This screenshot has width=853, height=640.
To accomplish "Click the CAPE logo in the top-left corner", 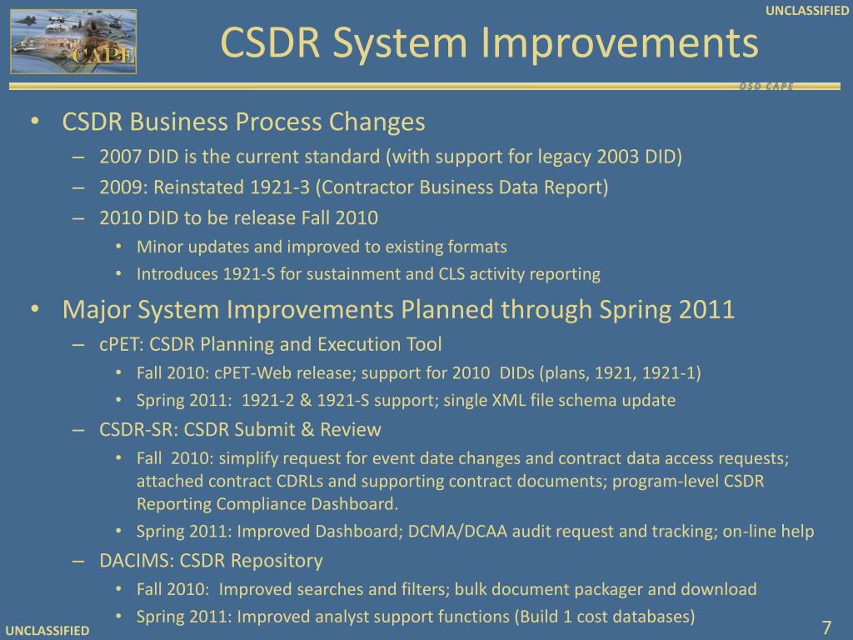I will (x=73, y=41).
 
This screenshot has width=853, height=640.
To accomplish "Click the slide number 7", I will (x=827, y=627).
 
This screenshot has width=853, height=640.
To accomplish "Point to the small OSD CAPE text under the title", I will (x=766, y=87).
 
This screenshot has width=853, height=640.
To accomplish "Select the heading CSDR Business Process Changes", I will (x=244, y=122).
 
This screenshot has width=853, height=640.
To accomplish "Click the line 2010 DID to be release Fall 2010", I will (x=238, y=218).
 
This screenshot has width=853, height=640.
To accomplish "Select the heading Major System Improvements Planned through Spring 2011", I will (x=398, y=310).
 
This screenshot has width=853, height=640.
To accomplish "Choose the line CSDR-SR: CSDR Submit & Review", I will (x=240, y=430).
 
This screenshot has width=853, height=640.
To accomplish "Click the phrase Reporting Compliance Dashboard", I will (x=267, y=503).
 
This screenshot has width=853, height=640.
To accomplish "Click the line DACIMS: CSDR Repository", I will (x=211, y=560).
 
